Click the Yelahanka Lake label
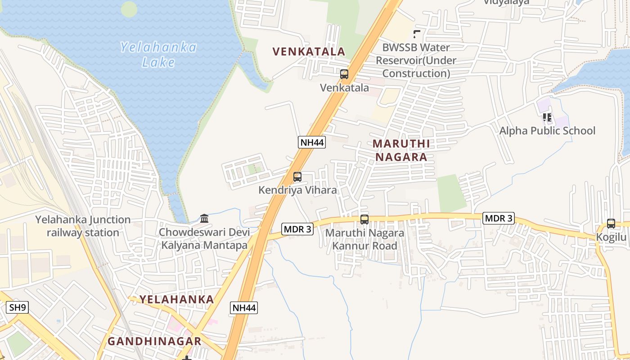coord(158,54)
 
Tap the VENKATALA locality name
coord(309,52)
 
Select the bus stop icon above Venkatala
coord(344,74)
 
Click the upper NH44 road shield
coord(311,143)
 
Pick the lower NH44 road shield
coord(244,308)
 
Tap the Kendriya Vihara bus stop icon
coord(297,177)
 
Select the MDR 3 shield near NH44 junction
coord(297,229)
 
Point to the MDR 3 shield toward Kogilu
coord(498,218)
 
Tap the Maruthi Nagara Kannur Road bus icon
coord(364,220)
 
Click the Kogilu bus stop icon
coord(611,224)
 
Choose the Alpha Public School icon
coord(547,117)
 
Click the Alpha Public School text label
coord(547,131)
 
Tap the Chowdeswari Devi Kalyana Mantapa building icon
coord(204,219)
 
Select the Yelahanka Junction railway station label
coord(83,226)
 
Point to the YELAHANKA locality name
coord(176,299)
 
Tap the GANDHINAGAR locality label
coord(154,341)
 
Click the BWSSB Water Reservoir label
coord(416,60)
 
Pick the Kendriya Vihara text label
coord(297,190)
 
